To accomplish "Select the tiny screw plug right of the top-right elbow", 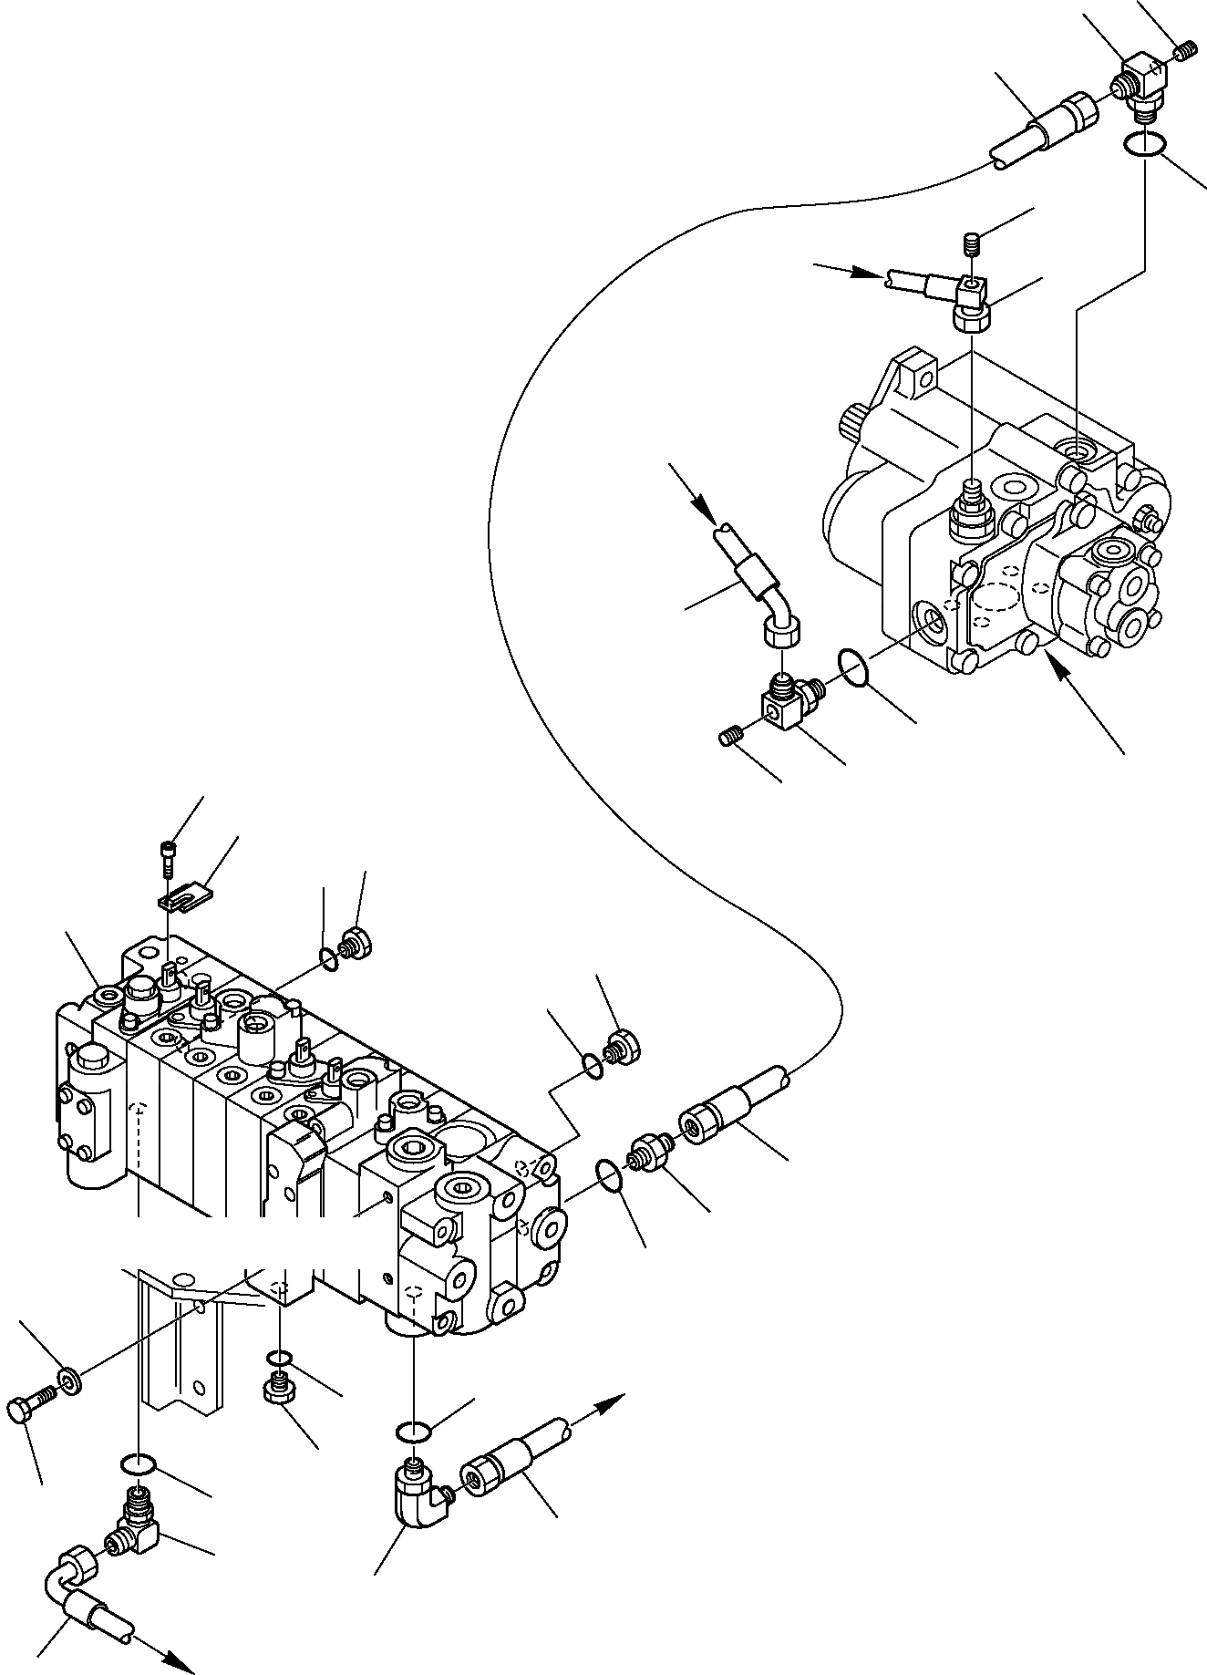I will [1184, 54].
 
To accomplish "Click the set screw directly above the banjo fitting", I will [973, 244].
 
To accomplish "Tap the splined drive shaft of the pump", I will [851, 426].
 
